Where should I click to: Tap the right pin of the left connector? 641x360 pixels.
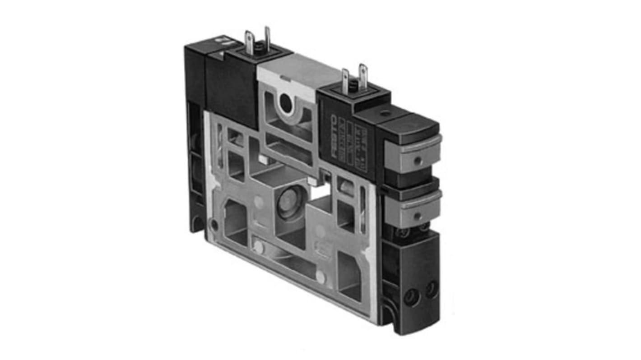click(x=267, y=38)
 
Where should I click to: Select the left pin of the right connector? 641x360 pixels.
click(x=345, y=80)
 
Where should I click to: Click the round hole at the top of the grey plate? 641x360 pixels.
click(x=286, y=104)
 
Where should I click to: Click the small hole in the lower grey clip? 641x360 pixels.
click(x=416, y=211)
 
